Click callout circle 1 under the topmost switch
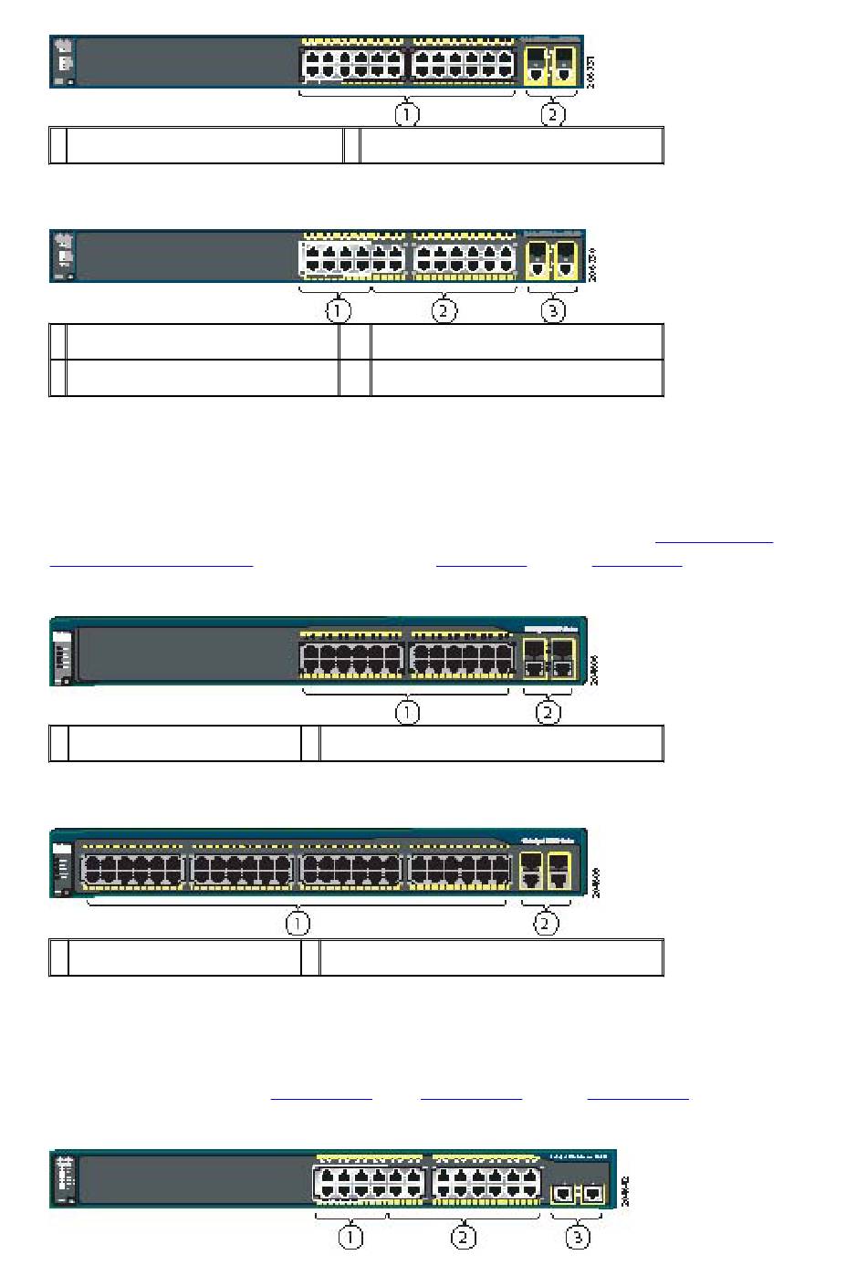point(407,115)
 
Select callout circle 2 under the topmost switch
point(552,115)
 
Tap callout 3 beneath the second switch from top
point(552,310)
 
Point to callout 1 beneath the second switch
point(339,310)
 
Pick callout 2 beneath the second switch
point(444,310)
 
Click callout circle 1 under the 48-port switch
point(298,924)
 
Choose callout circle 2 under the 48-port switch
point(546,924)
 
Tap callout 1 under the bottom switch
point(350,1238)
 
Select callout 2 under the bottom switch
point(465,1238)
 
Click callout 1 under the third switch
point(407,712)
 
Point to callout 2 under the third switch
point(548,712)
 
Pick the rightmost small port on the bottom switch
point(593,1192)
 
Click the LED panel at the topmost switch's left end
point(64,62)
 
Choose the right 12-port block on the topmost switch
point(463,64)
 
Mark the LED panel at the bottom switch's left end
point(65,1178)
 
